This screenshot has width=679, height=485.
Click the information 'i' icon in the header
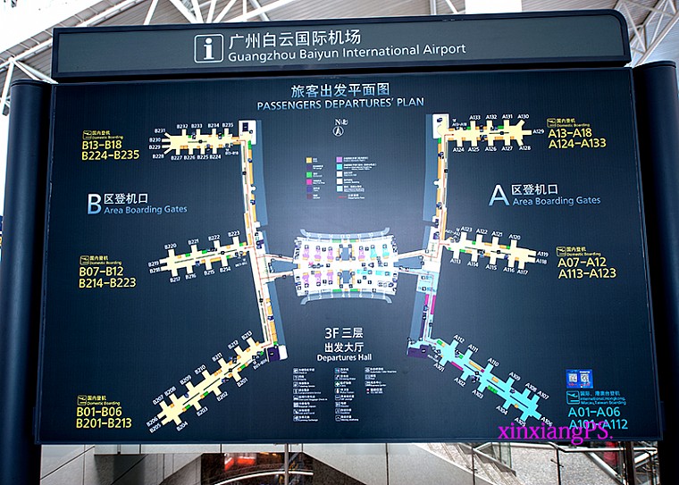pos(208,48)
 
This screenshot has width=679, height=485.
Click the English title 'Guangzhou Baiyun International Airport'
pos(348,51)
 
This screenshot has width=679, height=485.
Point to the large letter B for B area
pos(94,204)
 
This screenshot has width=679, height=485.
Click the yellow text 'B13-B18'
pos(102,145)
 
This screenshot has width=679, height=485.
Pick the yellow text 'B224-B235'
pos(110,155)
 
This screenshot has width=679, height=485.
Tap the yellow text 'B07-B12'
pos(102,272)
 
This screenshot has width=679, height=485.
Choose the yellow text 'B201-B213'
pos(105,422)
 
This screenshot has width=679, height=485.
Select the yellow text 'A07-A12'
pos(583,263)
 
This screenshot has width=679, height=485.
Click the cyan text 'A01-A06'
pos(593,413)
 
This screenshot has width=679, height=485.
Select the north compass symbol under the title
pos(339,128)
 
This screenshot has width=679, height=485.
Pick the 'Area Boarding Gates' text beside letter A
pos(556,201)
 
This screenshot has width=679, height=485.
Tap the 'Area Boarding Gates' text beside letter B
pos(145,209)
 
